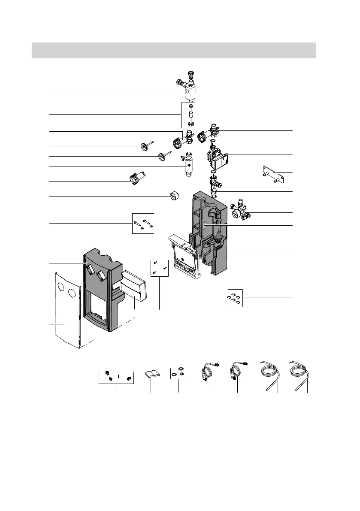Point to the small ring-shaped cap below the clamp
click(x=174, y=196)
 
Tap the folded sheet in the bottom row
click(x=151, y=373)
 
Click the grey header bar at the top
click(x=174, y=50)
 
